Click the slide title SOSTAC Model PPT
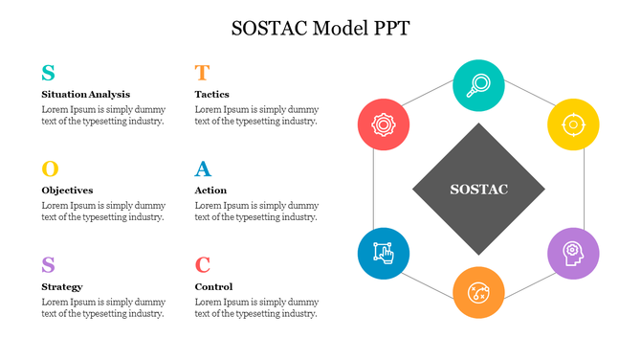[320, 28]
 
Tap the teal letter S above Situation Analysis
[48, 73]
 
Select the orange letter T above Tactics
[202, 73]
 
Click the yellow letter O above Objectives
[50, 169]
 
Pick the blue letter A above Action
[203, 169]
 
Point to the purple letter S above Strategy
[48, 265]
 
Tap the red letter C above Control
[202, 265]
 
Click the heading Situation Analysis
[86, 95]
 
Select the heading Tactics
[211, 95]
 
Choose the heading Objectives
[67, 191]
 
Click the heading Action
[210, 191]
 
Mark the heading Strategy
[62, 286]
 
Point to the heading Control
[213, 286]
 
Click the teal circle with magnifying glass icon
[478, 85]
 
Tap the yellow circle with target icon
[573, 124]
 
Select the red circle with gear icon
[384, 124]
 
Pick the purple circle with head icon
[573, 254]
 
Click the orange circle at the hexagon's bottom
[478, 292]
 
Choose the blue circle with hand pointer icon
[384, 254]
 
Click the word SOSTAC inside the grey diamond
[478, 190]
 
